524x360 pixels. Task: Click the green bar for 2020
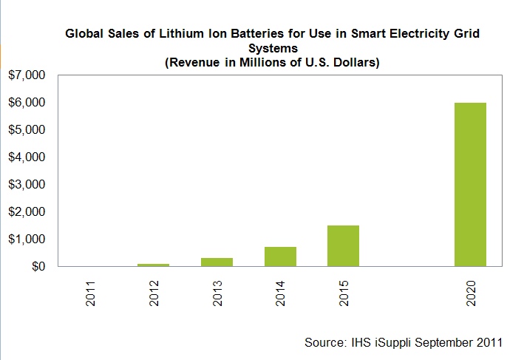click(x=470, y=184)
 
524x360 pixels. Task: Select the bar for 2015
click(x=343, y=245)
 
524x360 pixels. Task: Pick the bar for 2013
click(x=217, y=262)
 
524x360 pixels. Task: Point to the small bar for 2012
click(x=153, y=264)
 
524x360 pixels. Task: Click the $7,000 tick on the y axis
click(x=27, y=75)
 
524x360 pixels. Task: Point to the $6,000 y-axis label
click(x=27, y=103)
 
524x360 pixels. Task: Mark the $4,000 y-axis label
click(x=27, y=157)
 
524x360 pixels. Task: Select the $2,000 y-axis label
click(x=27, y=212)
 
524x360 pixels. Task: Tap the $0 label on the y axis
click(x=37, y=267)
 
